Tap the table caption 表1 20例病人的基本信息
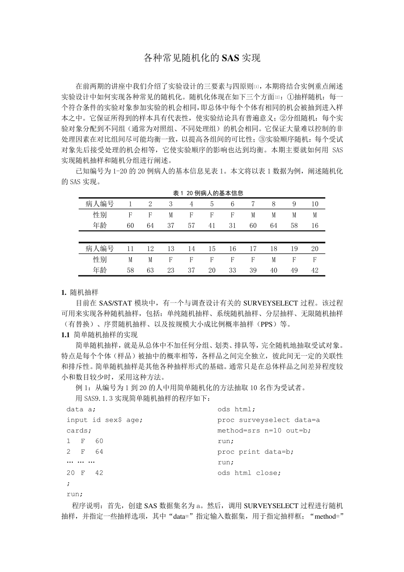(202, 193)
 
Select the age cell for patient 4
(191, 226)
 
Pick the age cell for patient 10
(315, 226)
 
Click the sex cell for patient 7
(253, 215)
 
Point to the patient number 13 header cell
(171, 249)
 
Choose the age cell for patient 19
(294, 270)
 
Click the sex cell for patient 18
(273, 260)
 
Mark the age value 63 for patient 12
(150, 270)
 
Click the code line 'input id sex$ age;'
(105, 420)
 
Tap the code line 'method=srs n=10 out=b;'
(264, 430)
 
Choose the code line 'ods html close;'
(249, 473)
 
